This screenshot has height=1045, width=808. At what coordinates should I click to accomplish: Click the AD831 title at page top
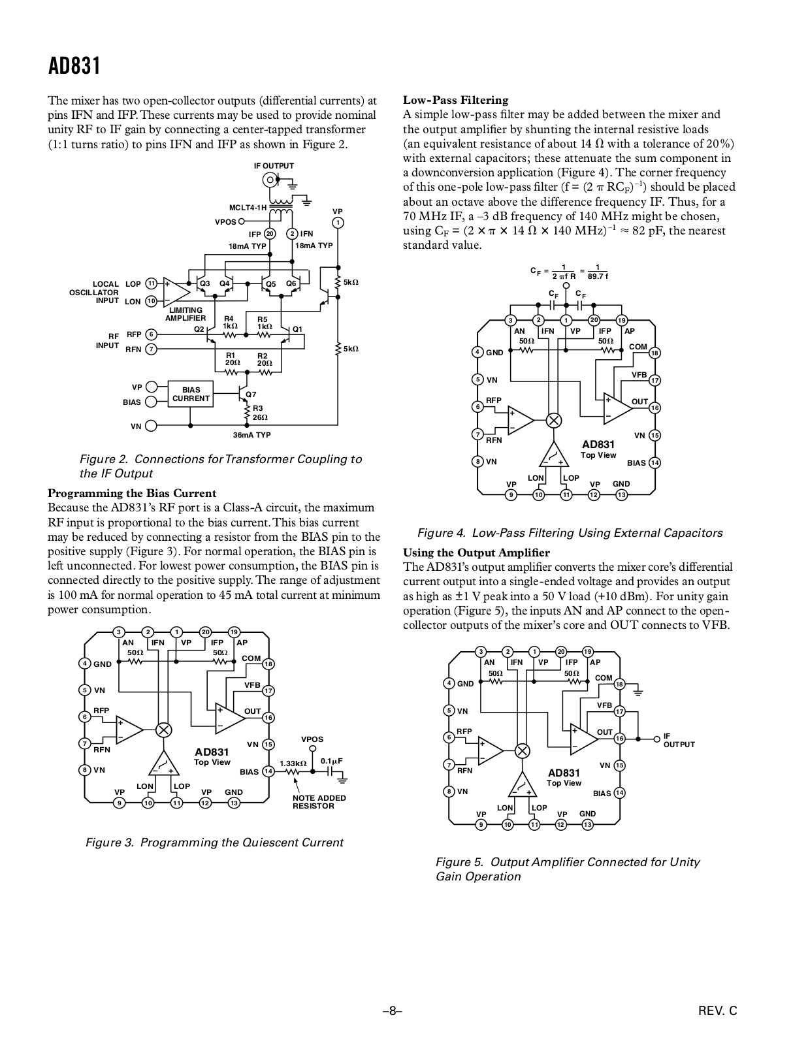[74, 66]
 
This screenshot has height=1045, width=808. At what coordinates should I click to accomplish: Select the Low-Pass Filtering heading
[455, 100]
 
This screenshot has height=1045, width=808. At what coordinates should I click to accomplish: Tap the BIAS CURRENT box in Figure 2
[191, 394]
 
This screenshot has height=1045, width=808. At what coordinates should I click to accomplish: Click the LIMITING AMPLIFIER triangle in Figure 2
[176, 292]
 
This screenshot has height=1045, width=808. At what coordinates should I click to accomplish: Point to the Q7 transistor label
[251, 394]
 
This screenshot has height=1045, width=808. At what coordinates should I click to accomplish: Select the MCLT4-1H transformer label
[248, 208]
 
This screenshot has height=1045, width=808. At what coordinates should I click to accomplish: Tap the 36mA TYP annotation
[252, 435]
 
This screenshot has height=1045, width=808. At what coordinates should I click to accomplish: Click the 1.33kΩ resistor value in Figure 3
[293, 764]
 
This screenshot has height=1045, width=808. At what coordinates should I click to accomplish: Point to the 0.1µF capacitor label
[331, 761]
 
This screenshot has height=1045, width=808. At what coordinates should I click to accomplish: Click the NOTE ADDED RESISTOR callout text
[319, 801]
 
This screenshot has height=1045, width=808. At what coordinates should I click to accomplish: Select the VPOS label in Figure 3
[312, 739]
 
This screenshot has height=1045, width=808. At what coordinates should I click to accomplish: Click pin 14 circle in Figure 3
[268, 771]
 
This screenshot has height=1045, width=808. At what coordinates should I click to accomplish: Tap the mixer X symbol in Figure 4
[554, 421]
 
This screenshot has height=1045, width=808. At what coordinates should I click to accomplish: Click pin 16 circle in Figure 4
[654, 408]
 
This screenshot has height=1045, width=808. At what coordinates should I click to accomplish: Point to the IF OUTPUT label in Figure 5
[679, 740]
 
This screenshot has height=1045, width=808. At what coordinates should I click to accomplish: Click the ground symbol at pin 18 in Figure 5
[638, 693]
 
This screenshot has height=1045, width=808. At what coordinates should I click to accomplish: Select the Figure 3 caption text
[214, 843]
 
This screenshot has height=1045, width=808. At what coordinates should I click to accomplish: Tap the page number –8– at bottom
[393, 1011]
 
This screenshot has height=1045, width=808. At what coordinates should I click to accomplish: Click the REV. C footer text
[718, 1011]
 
